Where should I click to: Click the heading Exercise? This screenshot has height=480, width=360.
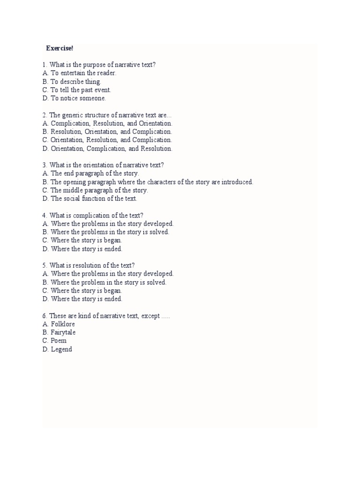coord(60,48)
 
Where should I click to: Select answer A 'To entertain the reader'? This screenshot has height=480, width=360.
coord(83,73)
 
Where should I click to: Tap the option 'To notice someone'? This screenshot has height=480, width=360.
coord(78,98)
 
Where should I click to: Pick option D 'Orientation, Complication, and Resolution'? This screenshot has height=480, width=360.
coord(112,149)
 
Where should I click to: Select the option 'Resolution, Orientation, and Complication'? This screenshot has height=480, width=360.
coord(112,132)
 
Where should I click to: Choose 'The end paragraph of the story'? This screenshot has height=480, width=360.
coord(94,173)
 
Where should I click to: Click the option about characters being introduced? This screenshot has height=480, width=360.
coord(151,182)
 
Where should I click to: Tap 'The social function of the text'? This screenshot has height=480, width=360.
coord(93,199)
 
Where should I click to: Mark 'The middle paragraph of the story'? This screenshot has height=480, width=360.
coord(99,190)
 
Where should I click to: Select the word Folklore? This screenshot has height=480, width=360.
coord(63,324)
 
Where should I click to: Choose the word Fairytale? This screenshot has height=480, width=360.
coord(63,332)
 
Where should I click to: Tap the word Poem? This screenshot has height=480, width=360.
coord(59,341)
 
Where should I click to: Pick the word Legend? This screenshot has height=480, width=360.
coord(61,349)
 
